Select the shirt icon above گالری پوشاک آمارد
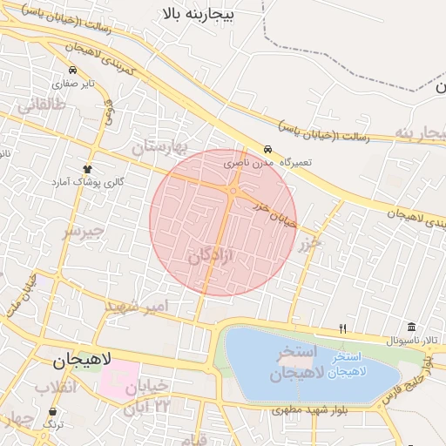(87, 169)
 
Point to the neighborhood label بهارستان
(166, 145)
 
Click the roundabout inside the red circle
(233, 190)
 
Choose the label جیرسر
(83, 232)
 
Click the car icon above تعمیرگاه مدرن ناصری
(267, 149)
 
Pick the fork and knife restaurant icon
(343, 328)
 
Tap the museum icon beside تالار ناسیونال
(411, 327)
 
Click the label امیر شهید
(134, 307)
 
